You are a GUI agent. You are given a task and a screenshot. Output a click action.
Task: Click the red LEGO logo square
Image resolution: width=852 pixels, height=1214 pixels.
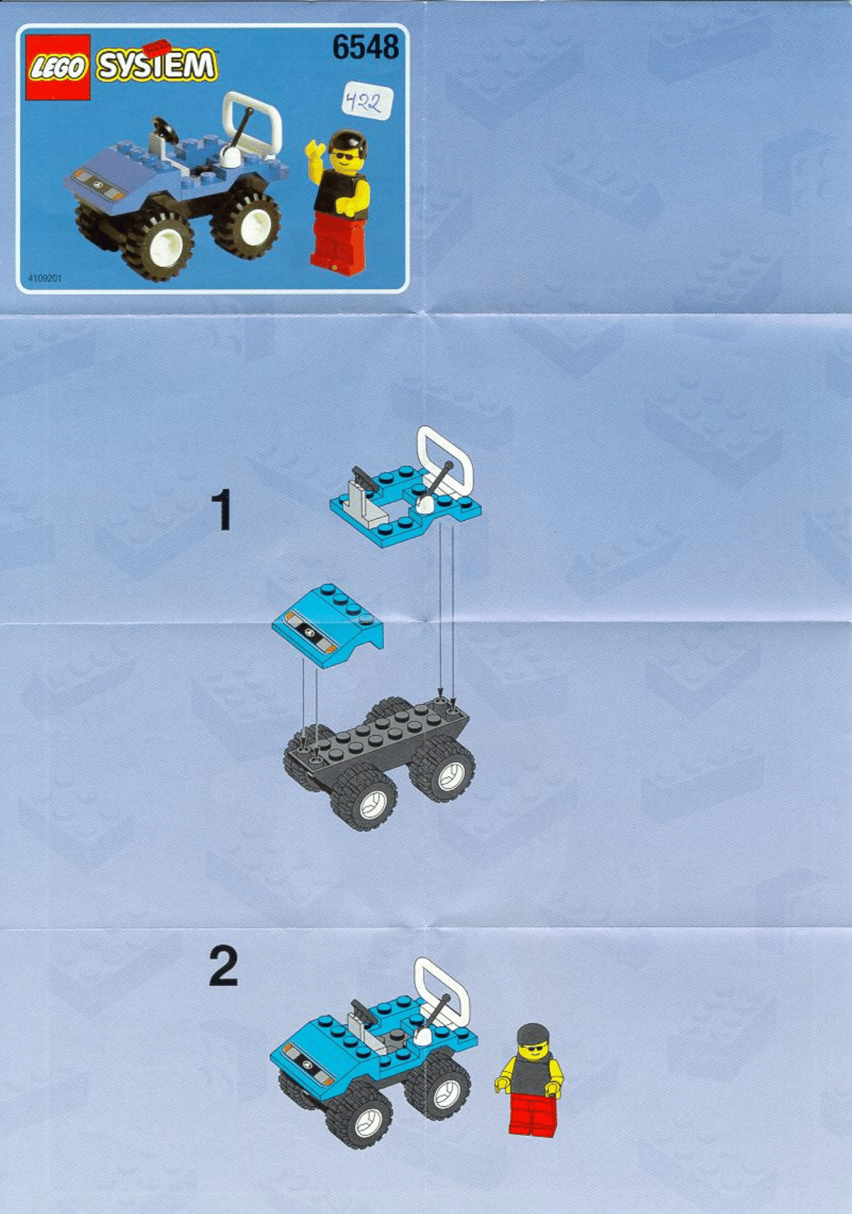(x=58, y=67)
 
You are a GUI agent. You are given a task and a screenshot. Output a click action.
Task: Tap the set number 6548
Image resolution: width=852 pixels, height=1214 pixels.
(x=365, y=47)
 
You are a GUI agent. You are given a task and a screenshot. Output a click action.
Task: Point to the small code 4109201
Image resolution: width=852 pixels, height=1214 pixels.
(x=45, y=279)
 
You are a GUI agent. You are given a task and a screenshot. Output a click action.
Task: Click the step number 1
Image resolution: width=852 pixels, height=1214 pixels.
(x=222, y=511)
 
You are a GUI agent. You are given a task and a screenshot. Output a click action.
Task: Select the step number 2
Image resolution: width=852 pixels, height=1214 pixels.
(x=223, y=967)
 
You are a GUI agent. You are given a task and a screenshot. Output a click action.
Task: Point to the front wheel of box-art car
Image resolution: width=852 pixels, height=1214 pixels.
(x=167, y=247)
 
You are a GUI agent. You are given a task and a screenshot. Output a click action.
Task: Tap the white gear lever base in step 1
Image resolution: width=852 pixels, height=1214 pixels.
(x=425, y=504)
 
